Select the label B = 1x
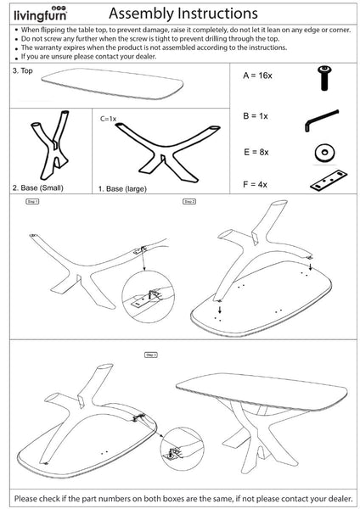pos(256,115)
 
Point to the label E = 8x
pos(256,151)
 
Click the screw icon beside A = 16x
pos(323,79)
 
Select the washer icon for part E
pos(323,154)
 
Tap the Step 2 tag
pos(189,202)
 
